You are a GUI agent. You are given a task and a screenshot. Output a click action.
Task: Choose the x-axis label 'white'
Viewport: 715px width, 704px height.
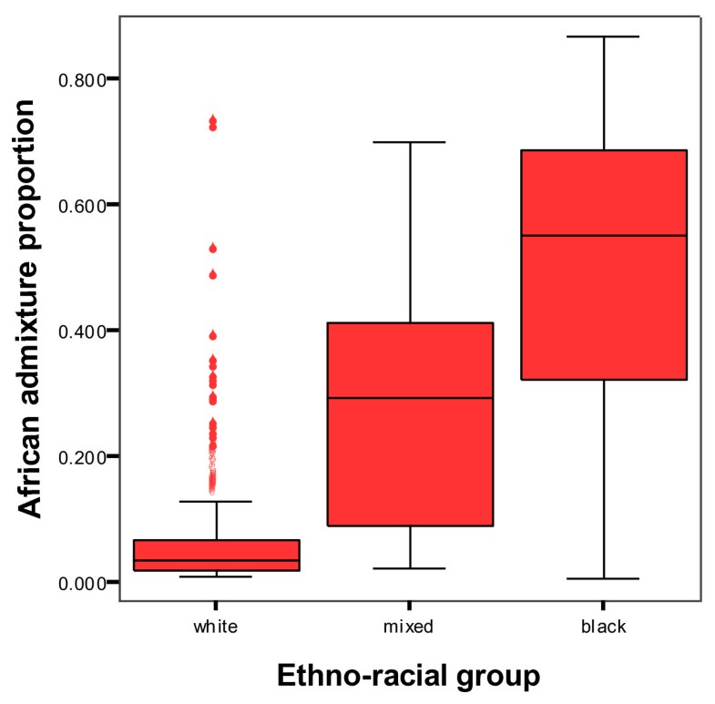click(216, 627)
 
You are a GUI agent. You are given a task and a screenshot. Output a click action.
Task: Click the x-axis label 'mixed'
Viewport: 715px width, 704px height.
click(410, 627)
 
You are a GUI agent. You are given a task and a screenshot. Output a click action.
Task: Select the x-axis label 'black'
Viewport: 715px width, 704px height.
click(603, 627)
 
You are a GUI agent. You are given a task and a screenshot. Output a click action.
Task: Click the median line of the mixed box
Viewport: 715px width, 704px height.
click(410, 398)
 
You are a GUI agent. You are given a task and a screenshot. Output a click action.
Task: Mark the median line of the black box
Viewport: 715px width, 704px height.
click(603, 236)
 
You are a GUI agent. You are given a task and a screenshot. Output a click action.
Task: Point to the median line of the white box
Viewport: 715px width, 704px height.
click(216, 560)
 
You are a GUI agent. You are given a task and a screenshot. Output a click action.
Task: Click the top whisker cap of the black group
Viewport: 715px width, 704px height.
click(603, 36)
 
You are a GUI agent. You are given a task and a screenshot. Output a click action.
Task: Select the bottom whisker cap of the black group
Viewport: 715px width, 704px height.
click(603, 578)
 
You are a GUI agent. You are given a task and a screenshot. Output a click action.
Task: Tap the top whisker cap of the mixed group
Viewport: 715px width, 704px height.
click(410, 142)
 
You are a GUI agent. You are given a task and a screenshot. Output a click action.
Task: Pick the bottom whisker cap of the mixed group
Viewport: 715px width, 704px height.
click(410, 568)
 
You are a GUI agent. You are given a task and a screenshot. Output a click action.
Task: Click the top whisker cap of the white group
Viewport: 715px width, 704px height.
click(216, 501)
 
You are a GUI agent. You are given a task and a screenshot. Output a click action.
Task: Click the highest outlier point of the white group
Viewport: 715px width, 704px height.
click(213, 119)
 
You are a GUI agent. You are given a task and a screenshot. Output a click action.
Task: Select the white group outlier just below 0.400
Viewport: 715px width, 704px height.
click(213, 335)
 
